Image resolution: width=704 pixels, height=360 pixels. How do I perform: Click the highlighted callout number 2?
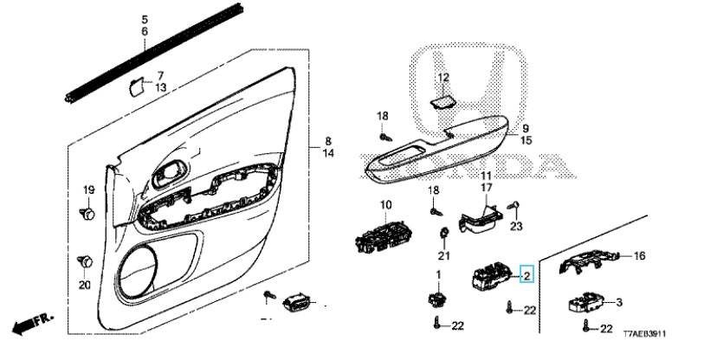coord(526,274)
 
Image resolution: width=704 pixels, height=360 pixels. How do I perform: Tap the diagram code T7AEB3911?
coord(644,334)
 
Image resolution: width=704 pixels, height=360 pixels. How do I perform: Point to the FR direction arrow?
coord(32,324)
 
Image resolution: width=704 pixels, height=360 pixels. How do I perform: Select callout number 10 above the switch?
coord(386,206)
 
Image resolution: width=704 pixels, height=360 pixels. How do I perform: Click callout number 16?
coord(639,256)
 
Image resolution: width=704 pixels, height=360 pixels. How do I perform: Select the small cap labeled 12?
coord(442,103)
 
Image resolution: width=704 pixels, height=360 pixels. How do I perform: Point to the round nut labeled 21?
coord(444,234)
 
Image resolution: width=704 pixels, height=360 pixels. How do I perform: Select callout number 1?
coord(439,273)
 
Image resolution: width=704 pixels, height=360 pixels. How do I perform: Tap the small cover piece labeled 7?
coord(136,87)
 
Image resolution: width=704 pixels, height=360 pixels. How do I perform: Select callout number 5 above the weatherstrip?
coord(145,19)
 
